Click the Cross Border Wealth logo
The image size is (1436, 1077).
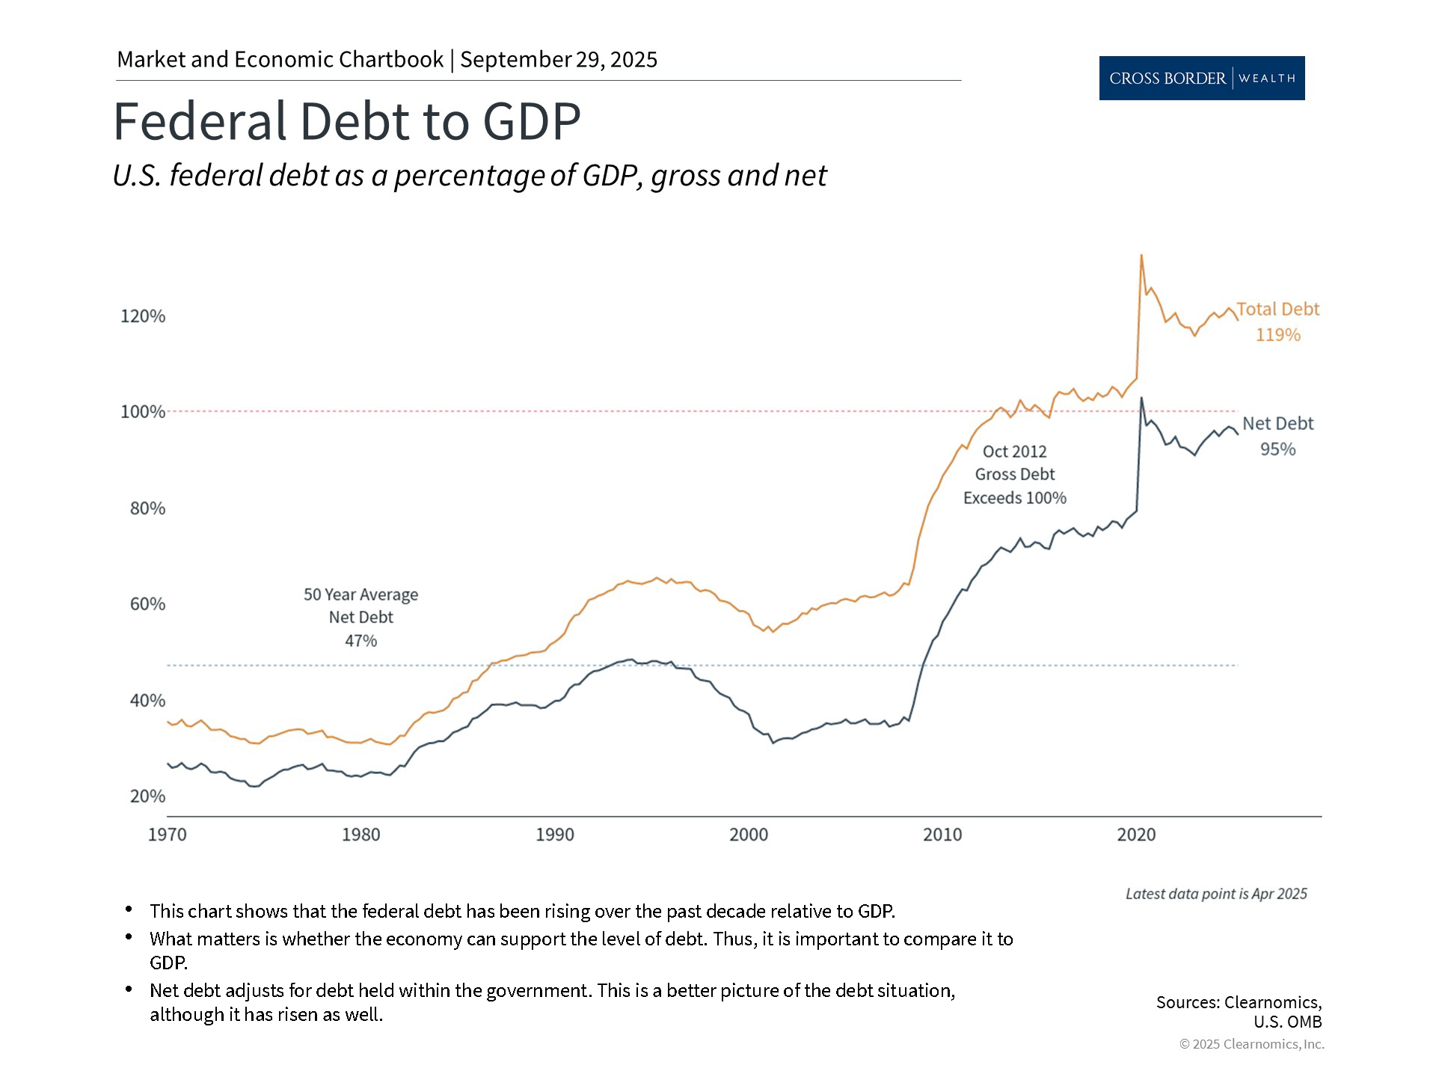click(x=1201, y=78)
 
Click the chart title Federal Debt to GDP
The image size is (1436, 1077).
click(x=346, y=121)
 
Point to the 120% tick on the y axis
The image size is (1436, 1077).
click(x=143, y=316)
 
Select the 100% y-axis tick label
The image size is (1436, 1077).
click(x=143, y=412)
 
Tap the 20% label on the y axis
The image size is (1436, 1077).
click(x=147, y=797)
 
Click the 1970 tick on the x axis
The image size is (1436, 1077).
click(x=168, y=835)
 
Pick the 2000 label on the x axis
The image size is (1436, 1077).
click(x=749, y=835)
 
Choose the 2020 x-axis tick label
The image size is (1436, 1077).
click(x=1136, y=835)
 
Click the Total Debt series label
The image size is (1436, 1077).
click(x=1277, y=309)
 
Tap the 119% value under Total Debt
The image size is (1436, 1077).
click(x=1277, y=335)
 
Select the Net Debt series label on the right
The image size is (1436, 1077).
click(x=1277, y=423)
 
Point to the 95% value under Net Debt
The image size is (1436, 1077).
click(x=1277, y=449)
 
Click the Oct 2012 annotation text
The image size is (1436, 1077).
click(x=1014, y=452)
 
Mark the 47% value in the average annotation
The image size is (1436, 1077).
click(x=360, y=641)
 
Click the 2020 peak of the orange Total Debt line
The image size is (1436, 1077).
click(x=1141, y=256)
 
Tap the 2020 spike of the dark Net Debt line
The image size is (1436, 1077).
click(x=1141, y=398)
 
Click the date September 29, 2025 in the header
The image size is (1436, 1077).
click(x=559, y=60)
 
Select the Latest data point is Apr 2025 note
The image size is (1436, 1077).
click(x=1216, y=894)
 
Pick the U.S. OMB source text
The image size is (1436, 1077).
click(x=1287, y=1022)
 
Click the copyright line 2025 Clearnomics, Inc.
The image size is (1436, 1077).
click(x=1251, y=1044)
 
